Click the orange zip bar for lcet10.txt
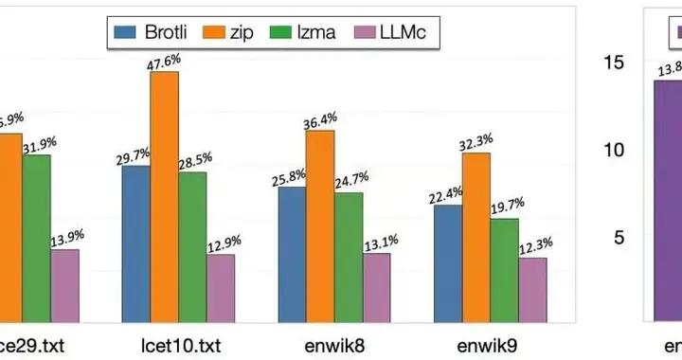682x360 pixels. (164, 198)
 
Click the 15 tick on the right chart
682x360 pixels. (617, 62)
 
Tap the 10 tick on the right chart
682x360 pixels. (617, 150)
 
